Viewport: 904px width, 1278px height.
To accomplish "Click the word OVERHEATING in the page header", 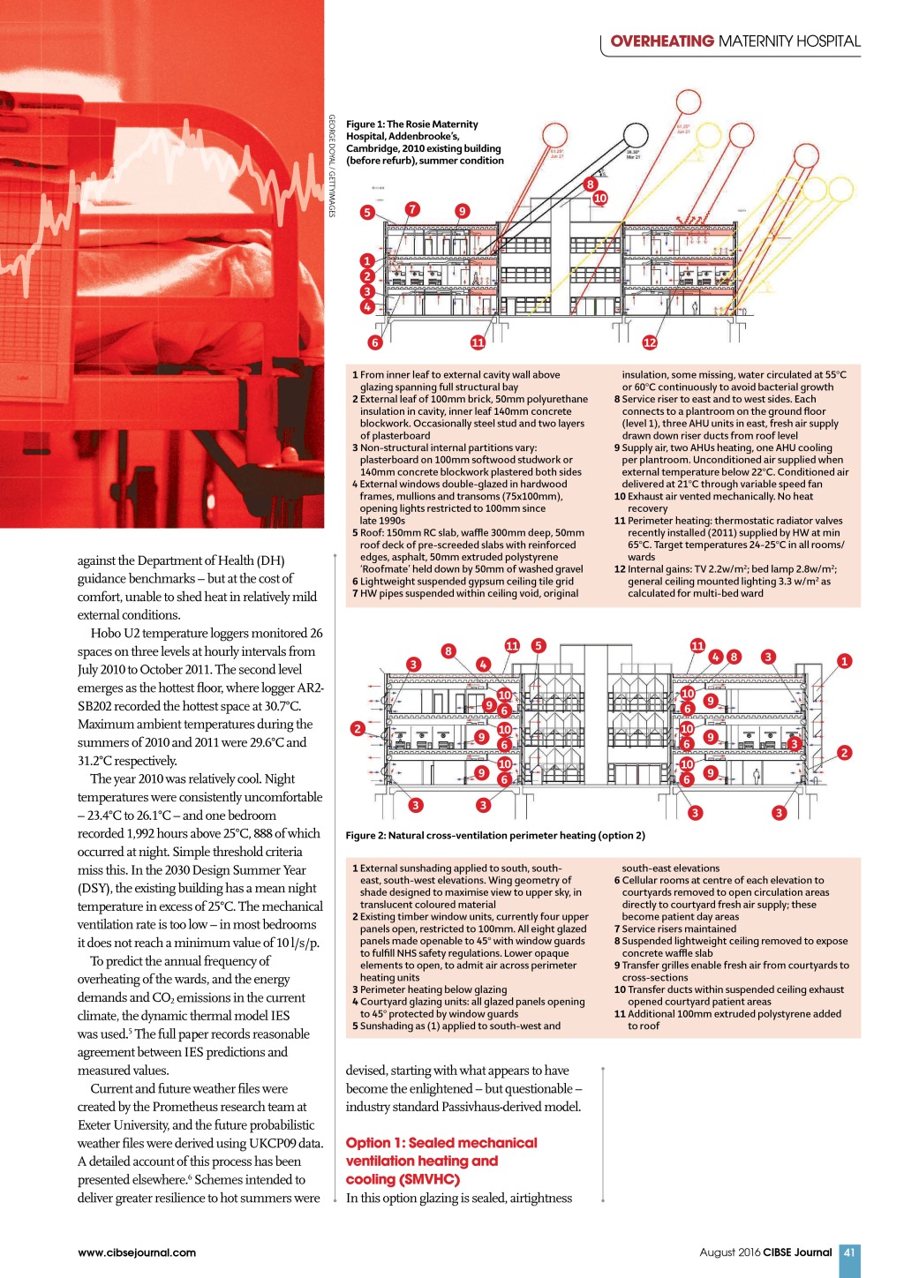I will click(x=661, y=41).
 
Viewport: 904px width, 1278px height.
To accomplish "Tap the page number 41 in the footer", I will click(x=849, y=1252).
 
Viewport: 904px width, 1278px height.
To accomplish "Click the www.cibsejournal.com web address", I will click(x=137, y=1252).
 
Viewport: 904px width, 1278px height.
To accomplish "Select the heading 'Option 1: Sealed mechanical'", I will click(x=441, y=1143).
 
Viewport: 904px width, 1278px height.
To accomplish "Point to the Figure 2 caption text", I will click(x=495, y=835).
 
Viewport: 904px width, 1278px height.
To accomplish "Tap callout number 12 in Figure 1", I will click(x=650, y=342).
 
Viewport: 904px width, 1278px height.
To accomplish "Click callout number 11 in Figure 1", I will click(x=478, y=342).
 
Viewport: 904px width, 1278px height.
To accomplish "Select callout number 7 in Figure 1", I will click(x=412, y=209).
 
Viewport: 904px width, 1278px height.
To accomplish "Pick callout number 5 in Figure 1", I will click(x=367, y=212).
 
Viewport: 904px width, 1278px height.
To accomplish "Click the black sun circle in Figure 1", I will click(x=635, y=136).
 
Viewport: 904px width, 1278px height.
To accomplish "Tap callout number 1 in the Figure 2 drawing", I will click(x=845, y=660).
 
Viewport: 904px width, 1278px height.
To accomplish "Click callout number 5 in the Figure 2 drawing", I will click(x=539, y=645).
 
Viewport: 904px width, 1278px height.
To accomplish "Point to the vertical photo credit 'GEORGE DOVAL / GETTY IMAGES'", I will click(x=332, y=166).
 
